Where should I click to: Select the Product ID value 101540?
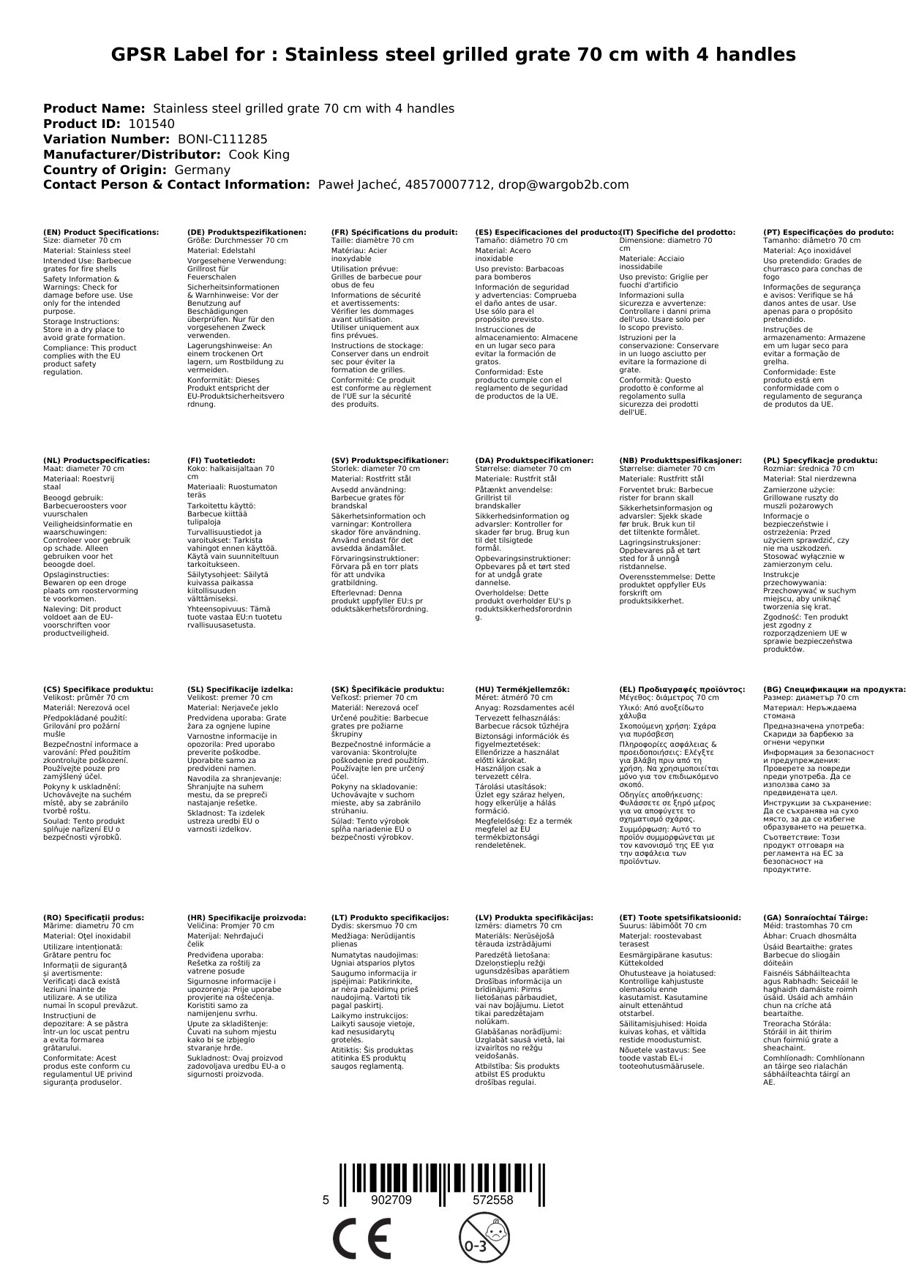click(151, 124)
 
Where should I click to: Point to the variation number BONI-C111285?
click(222, 140)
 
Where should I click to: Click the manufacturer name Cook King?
click(259, 155)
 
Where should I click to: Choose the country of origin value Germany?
click(203, 170)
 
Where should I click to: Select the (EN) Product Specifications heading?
click(101, 233)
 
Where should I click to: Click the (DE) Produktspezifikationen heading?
click(247, 233)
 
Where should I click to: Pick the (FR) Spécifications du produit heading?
click(394, 233)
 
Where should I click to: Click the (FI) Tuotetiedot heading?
click(222, 461)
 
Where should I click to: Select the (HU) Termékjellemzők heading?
click(522, 689)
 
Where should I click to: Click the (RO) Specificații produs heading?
click(94, 917)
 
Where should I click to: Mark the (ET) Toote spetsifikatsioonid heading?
click(680, 917)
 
